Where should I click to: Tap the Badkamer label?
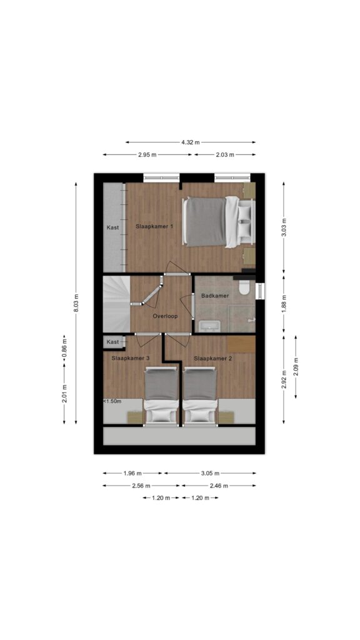[x=215, y=296]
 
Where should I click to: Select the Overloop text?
[x=165, y=316]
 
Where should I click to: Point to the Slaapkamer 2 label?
[x=212, y=359]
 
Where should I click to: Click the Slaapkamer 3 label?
[x=130, y=358]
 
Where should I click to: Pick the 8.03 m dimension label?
[x=76, y=303]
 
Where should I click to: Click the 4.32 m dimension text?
[x=191, y=142]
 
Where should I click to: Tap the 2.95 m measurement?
[x=147, y=155]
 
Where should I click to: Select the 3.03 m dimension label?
[x=284, y=227]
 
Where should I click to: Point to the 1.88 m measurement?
[x=284, y=303]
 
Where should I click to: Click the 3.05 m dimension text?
[x=210, y=474]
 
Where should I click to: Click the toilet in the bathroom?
[x=244, y=287]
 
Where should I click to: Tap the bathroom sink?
[x=209, y=326]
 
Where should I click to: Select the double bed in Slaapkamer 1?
[x=219, y=222]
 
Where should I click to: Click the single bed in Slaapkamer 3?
[x=162, y=396]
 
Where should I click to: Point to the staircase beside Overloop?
[x=116, y=304]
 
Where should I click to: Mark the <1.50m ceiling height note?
[x=112, y=401]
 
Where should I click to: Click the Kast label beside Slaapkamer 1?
[x=112, y=227]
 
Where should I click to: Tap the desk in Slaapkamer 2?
[x=241, y=344]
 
